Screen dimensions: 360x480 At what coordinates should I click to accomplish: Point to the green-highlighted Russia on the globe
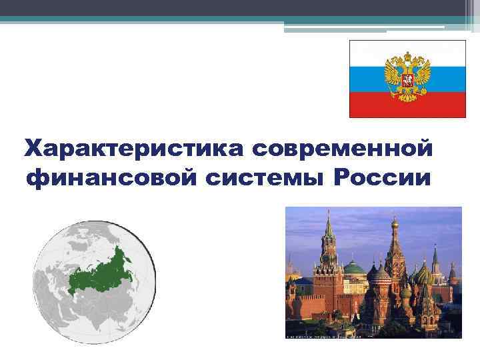point(100,270)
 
